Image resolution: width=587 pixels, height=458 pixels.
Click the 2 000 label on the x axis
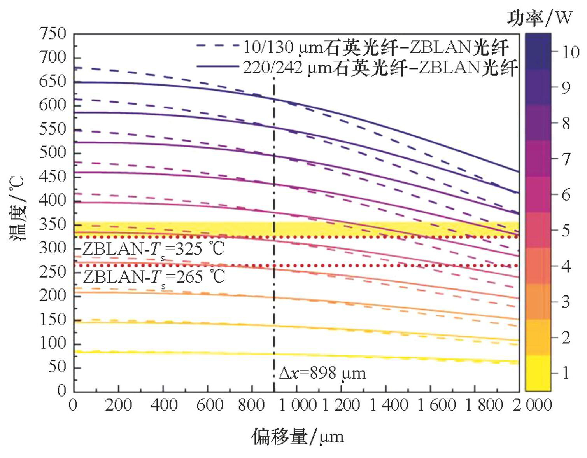click(x=532, y=405)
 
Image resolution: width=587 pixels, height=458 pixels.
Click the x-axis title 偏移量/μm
click(x=298, y=436)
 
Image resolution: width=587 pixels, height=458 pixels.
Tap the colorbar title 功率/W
click(x=540, y=17)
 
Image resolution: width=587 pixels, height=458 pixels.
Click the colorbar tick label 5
click(x=566, y=230)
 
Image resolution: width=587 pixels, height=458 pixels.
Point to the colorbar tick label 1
click(x=566, y=373)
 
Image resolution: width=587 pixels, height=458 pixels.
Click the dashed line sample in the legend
click(x=217, y=46)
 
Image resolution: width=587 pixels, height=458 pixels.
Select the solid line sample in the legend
click(x=217, y=67)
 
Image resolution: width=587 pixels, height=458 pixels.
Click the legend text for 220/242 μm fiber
click(x=380, y=68)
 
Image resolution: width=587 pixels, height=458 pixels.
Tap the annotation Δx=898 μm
click(x=322, y=374)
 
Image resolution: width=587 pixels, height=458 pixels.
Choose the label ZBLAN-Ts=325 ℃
click(x=154, y=249)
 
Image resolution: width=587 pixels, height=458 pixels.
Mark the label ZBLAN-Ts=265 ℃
click(x=154, y=277)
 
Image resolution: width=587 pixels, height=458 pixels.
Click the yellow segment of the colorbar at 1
click(x=538, y=373)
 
